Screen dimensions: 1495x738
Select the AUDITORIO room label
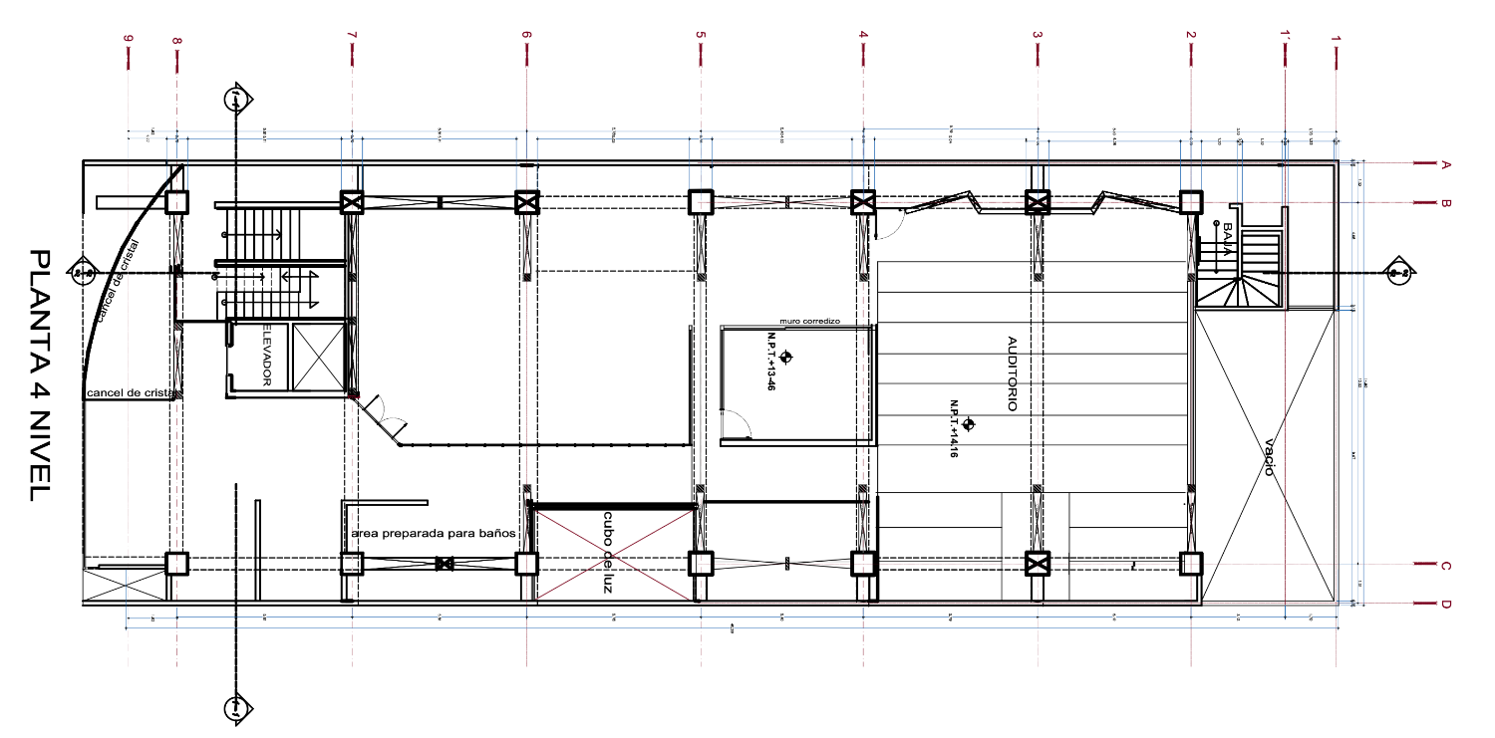tap(1011, 374)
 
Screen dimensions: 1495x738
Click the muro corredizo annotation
tap(810, 321)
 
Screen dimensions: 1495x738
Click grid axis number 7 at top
tap(352, 36)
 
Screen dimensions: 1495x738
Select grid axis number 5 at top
tap(701, 36)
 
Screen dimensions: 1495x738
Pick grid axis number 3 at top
tap(1038, 36)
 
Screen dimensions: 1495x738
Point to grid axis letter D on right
tap(1445, 604)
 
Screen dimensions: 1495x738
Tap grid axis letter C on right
tap(1445, 566)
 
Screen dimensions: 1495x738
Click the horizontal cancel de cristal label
tap(131, 393)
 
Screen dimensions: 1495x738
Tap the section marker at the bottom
tap(236, 707)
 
